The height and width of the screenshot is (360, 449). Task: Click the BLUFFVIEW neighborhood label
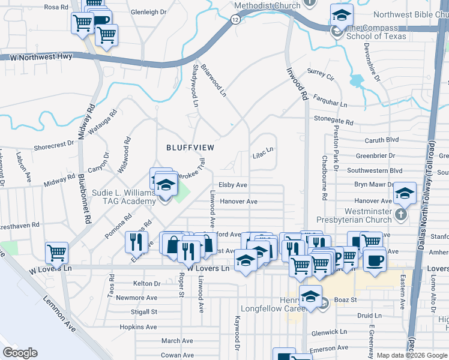click(190, 147)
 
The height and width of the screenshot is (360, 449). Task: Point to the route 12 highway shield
click(235, 19)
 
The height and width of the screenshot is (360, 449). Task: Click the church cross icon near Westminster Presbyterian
click(401, 214)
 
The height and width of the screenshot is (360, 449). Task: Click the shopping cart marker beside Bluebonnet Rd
click(56, 253)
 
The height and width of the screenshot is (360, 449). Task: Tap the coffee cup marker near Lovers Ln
click(375, 261)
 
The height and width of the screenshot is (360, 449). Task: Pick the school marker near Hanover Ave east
click(405, 193)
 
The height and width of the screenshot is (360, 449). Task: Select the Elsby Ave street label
click(233, 185)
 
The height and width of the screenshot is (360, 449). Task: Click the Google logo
click(20, 353)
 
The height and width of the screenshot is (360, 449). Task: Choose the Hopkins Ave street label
click(138, 327)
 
